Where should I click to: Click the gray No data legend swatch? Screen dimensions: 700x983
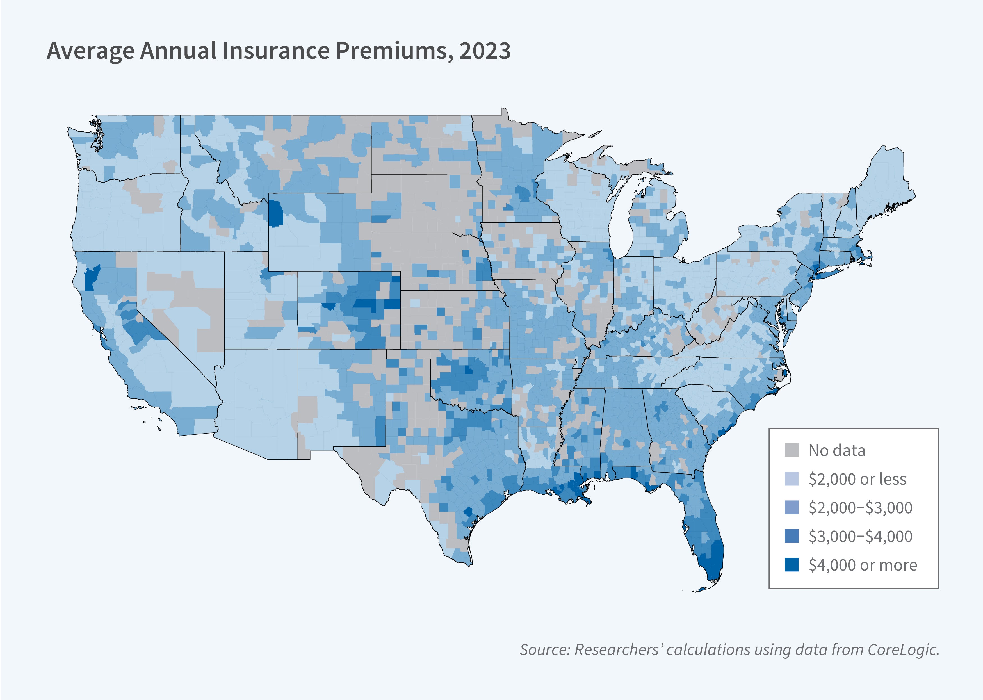792,450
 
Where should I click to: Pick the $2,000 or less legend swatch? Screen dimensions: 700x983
792,479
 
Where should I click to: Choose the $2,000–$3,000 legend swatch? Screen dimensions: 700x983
792,507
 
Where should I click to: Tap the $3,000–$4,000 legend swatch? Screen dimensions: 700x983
792,536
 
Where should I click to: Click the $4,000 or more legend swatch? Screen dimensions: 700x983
792,565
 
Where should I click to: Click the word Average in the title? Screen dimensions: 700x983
90,51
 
